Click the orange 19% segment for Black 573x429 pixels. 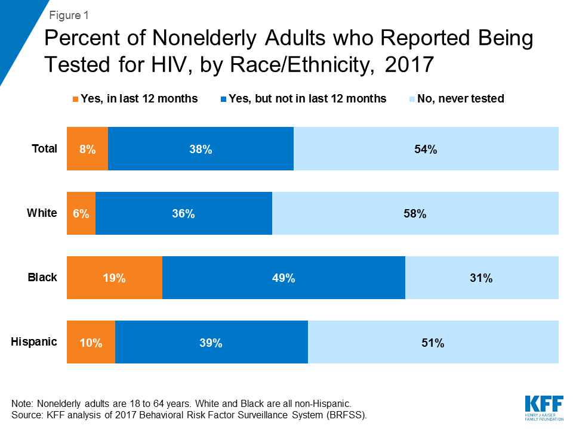point(114,278)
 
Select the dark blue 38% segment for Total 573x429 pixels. point(201,149)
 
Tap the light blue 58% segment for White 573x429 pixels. point(415,213)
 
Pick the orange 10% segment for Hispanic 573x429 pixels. point(91,342)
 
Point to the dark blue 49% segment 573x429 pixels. point(284,278)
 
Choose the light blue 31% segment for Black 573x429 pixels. point(482,278)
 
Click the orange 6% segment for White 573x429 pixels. point(81,213)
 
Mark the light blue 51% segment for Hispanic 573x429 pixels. point(433,342)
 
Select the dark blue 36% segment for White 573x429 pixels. point(184,213)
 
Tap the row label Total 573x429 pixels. point(44,149)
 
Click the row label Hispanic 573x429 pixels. point(34,341)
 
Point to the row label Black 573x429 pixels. point(42,277)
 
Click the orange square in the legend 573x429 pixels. point(76,99)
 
